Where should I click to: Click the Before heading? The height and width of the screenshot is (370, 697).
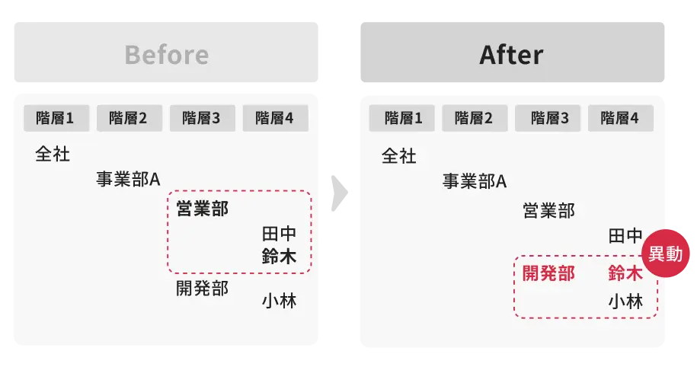[166, 55]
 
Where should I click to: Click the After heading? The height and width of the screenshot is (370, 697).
[511, 55]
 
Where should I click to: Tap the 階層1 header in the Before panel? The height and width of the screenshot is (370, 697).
[55, 118]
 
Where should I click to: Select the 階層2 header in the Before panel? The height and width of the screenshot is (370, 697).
[128, 118]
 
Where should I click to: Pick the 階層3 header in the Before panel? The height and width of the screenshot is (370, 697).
[201, 118]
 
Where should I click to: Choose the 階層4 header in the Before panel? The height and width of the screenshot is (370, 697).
[274, 118]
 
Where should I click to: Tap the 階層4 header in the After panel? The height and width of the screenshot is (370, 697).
[619, 118]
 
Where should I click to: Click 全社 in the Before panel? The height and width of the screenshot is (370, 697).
[53, 155]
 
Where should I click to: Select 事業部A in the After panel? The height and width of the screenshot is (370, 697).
[474, 181]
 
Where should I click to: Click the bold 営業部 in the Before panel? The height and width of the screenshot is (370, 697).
[202, 208]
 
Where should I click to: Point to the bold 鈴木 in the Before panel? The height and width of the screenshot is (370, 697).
[279, 257]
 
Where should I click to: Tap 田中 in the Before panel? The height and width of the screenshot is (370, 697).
[279, 234]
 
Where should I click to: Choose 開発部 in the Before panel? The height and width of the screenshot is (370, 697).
[202, 289]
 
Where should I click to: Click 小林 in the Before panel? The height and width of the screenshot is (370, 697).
[279, 301]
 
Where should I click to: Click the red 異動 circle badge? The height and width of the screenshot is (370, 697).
[665, 254]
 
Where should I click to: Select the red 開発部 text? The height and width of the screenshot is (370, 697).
[548, 273]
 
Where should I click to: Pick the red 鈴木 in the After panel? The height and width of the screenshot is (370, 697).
[625, 273]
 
